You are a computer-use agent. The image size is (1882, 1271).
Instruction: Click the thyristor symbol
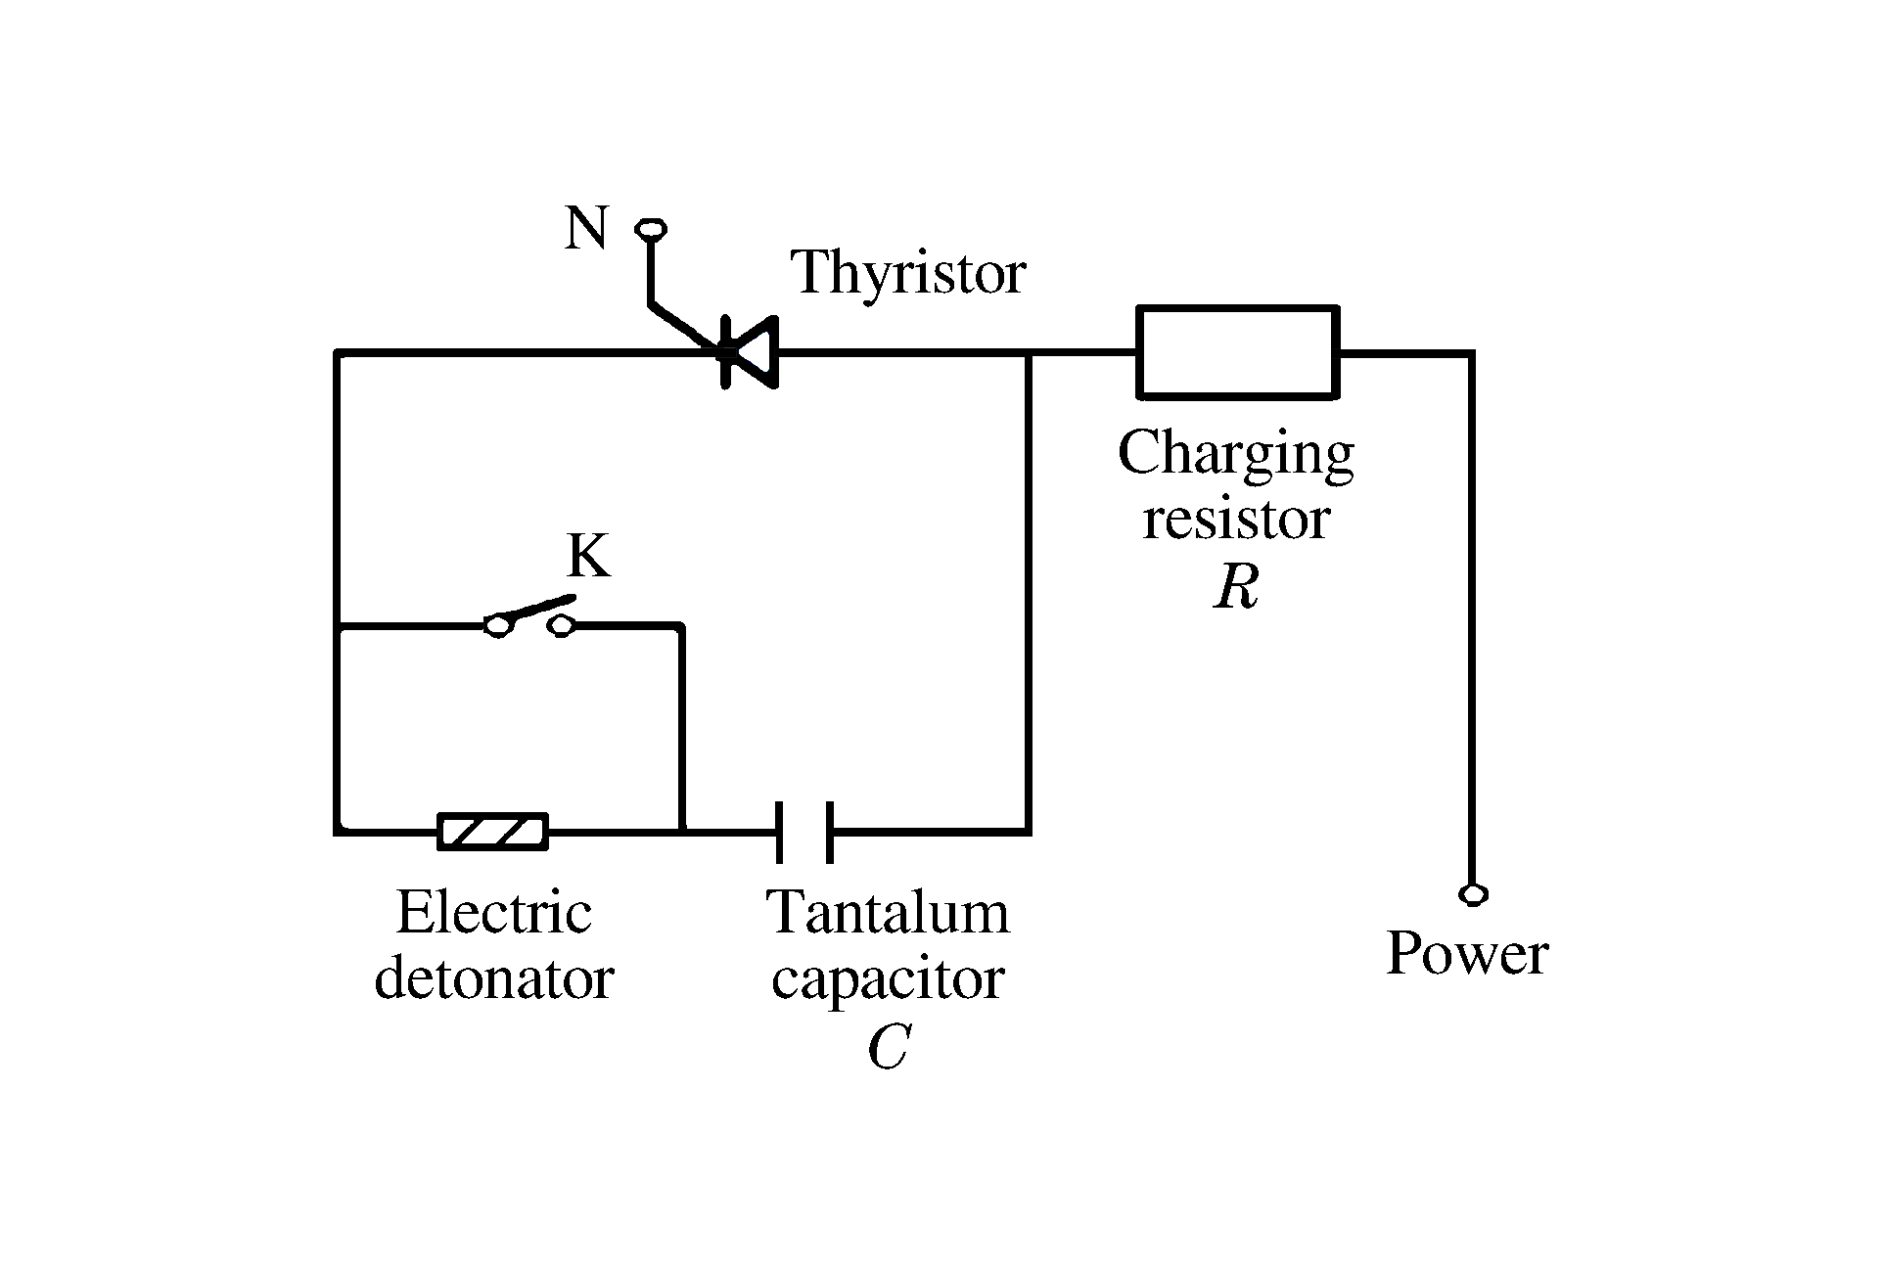pyautogui.click(x=749, y=352)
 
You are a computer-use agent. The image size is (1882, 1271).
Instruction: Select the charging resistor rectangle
pyautogui.click(x=1237, y=352)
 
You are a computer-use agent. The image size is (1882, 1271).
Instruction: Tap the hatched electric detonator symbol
pyautogui.click(x=492, y=832)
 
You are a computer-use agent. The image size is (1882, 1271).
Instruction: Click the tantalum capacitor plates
pyautogui.click(x=804, y=832)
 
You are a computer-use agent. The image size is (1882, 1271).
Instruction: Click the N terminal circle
pyautogui.click(x=650, y=230)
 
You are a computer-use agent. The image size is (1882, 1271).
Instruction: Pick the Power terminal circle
pyautogui.click(x=1472, y=894)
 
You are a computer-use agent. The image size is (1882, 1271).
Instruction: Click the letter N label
pyautogui.click(x=586, y=229)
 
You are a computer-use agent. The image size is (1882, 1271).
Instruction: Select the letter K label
pyautogui.click(x=588, y=557)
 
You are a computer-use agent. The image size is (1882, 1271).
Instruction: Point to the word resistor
pyautogui.click(x=1236, y=519)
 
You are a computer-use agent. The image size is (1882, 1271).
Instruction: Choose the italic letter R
pyautogui.click(x=1236, y=588)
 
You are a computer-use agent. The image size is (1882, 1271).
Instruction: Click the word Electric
pyautogui.click(x=494, y=913)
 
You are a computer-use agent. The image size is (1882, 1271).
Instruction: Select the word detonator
pyautogui.click(x=494, y=976)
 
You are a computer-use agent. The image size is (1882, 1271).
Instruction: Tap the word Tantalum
pyautogui.click(x=888, y=913)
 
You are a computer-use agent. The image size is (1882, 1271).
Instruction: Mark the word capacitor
pyautogui.click(x=888, y=978)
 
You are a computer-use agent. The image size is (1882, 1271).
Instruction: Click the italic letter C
pyautogui.click(x=888, y=1048)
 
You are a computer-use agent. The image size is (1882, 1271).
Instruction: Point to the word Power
pyautogui.click(x=1467, y=953)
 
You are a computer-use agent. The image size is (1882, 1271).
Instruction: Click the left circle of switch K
pyautogui.click(x=498, y=626)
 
